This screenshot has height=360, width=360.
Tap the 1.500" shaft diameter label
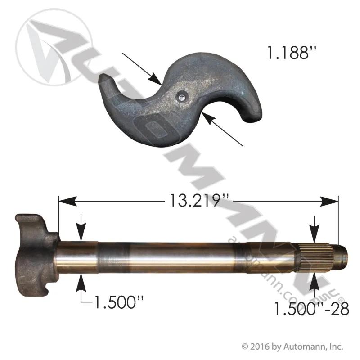click(119, 302)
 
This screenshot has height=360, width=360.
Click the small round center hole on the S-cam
click(182, 98)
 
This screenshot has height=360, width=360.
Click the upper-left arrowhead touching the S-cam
click(155, 79)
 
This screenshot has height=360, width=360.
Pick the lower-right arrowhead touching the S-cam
click(209, 119)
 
